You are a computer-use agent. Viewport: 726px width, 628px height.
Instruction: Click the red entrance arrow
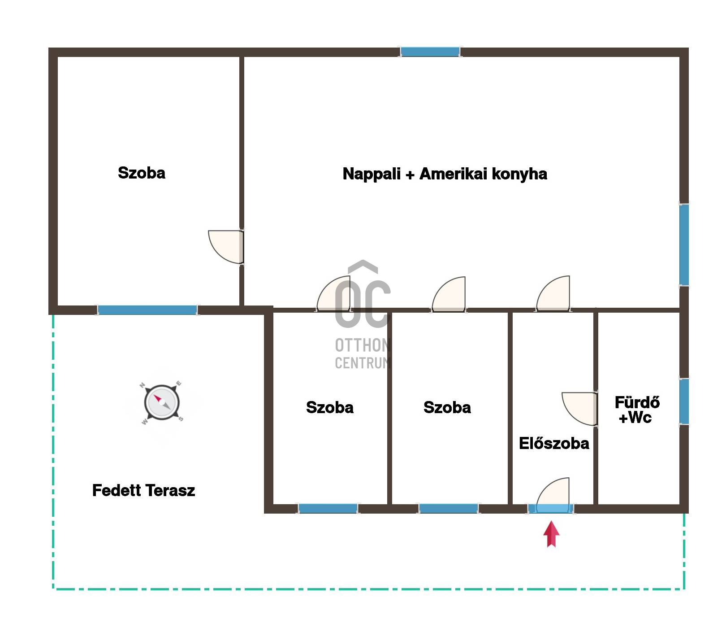(x=552, y=534)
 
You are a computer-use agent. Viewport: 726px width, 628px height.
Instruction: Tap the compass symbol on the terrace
(x=162, y=402)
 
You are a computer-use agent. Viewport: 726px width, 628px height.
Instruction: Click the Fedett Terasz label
(x=143, y=490)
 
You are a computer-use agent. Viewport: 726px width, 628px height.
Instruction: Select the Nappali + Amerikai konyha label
(x=445, y=174)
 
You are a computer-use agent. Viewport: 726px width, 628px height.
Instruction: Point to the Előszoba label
(x=554, y=443)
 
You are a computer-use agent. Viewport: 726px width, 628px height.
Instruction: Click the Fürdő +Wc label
(x=636, y=410)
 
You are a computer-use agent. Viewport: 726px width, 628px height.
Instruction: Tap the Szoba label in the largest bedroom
(x=142, y=173)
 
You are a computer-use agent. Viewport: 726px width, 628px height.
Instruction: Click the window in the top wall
(x=430, y=52)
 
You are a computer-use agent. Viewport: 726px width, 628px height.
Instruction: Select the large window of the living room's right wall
(x=684, y=244)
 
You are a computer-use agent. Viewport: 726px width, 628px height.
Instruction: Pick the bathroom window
(x=684, y=401)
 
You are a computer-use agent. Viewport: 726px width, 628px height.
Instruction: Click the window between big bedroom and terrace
(x=147, y=310)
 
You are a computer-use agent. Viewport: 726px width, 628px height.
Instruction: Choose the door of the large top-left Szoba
(x=226, y=247)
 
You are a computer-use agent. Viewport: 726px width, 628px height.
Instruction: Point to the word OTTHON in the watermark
(x=362, y=345)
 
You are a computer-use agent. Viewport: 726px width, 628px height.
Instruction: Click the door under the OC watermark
(x=334, y=294)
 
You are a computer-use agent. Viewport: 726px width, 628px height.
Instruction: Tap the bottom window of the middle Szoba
(x=448, y=509)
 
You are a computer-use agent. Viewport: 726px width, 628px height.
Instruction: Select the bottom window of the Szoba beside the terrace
(x=328, y=509)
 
